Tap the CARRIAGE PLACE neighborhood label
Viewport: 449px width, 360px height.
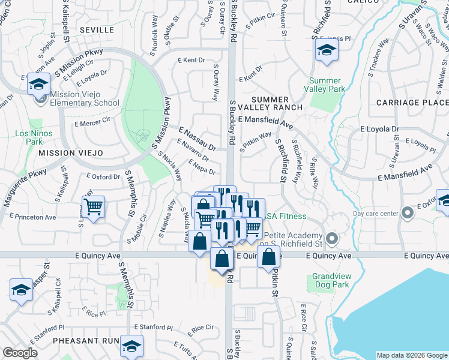[x=412, y=103]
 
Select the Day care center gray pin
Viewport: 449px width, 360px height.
[x=408, y=213]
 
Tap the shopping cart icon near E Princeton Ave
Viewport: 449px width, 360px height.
[x=93, y=208]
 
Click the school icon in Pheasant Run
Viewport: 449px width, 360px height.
[x=131, y=346]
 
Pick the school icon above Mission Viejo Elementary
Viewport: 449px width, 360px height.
[x=38, y=83]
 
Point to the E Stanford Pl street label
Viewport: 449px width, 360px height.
[x=153, y=328]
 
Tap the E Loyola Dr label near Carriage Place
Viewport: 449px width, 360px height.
[x=379, y=129]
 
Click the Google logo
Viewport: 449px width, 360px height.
[x=20, y=353]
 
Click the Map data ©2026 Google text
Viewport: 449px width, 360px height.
[x=411, y=355]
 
